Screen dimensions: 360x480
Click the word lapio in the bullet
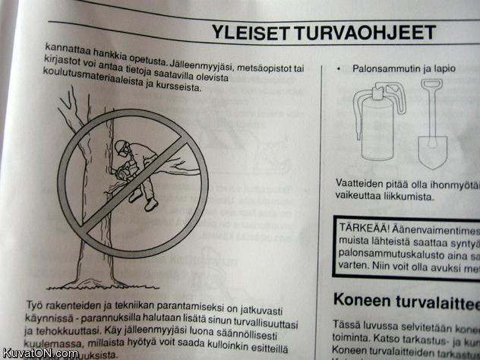coord(443,68)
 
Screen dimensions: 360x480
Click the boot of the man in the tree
coord(151,204)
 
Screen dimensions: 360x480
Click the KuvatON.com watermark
coord(39,353)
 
